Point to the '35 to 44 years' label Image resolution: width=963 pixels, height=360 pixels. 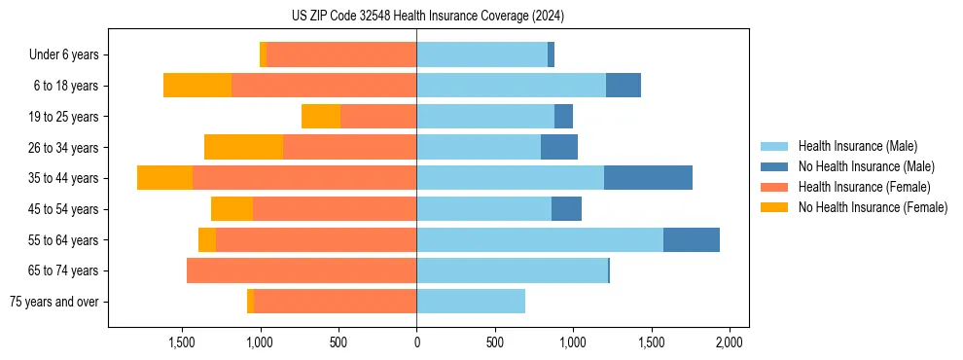point(63,178)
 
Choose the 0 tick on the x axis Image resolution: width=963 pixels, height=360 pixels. point(416,342)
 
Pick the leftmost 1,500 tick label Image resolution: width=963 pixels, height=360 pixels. point(182,342)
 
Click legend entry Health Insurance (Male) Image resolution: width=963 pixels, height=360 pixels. point(857,146)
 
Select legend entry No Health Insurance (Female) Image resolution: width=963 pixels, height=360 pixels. point(873,207)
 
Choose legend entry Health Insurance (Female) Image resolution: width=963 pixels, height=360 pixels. point(864,187)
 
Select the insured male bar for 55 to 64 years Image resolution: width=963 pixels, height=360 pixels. point(540,239)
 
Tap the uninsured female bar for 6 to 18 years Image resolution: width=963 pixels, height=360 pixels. point(197,86)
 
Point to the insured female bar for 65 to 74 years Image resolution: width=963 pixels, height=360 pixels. point(302,270)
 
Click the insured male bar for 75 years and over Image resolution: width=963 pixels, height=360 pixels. point(471,302)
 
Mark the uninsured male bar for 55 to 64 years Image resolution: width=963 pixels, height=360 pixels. point(692,239)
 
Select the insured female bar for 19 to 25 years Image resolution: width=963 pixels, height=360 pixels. point(378,117)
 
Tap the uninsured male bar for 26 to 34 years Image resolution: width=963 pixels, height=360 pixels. point(559,147)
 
